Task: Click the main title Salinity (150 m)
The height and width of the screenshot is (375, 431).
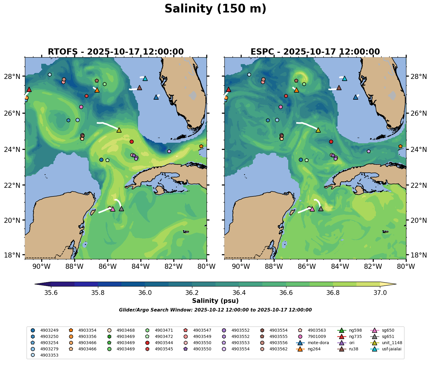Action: (215, 9)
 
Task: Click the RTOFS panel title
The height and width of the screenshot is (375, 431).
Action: (116, 52)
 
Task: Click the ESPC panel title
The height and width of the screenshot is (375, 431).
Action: (315, 52)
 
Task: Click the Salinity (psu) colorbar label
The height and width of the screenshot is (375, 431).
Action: (215, 301)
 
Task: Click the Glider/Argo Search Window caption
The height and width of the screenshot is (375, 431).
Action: (215, 310)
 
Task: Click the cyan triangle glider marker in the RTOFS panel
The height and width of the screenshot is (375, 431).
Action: (145, 78)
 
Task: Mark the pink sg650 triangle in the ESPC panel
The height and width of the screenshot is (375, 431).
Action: (312, 209)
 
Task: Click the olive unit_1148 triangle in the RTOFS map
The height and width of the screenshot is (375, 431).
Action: (119, 130)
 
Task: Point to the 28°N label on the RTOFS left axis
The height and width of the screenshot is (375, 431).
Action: (16, 77)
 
